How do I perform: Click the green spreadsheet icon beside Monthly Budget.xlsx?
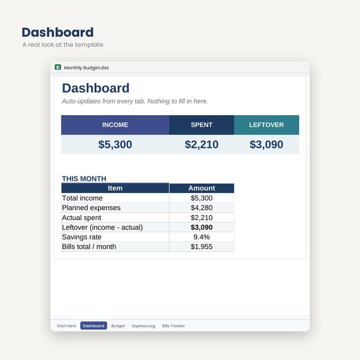coord(58,67)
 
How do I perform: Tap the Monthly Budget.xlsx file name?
coord(86,68)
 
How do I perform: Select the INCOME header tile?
coord(115,125)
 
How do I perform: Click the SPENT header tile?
coord(202,125)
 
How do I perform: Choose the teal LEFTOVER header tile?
coord(267,125)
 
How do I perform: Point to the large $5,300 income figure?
coord(115,145)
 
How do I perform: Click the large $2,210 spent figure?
coord(202,145)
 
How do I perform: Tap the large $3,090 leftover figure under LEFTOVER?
coord(267,145)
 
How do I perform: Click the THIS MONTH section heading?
coord(84,179)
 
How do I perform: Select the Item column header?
coord(115,188)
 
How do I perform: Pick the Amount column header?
coord(202,188)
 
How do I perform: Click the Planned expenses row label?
coord(91,208)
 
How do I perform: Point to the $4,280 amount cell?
coord(202,208)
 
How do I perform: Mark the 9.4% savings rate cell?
coord(202,237)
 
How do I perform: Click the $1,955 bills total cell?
coord(202,247)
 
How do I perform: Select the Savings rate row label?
coord(82,237)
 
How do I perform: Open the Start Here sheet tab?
coord(66,326)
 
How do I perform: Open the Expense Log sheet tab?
coord(143,326)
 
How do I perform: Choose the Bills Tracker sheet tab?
coord(174,326)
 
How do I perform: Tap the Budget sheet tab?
coord(118,326)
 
